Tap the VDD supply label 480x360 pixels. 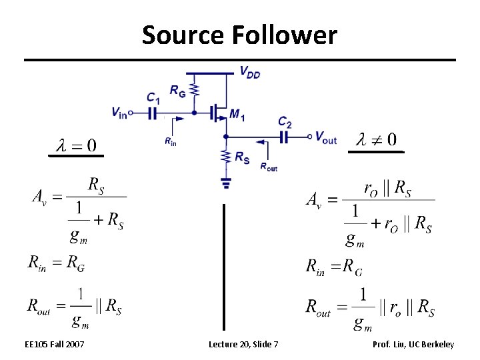(x=250, y=73)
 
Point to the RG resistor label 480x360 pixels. (x=177, y=91)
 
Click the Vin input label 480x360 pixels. (x=119, y=113)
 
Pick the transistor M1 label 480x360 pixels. (x=237, y=115)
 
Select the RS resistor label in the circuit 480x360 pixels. (x=243, y=157)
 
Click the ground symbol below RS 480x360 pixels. (x=225, y=181)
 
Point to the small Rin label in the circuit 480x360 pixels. (x=171, y=141)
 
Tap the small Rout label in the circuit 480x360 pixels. (x=269, y=167)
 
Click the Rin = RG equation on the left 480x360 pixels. (x=56, y=263)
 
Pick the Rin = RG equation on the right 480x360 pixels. (x=334, y=268)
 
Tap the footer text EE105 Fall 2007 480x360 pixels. (x=55, y=344)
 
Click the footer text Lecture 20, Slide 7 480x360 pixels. (x=243, y=344)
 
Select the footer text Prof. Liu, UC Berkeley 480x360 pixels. (x=413, y=344)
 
